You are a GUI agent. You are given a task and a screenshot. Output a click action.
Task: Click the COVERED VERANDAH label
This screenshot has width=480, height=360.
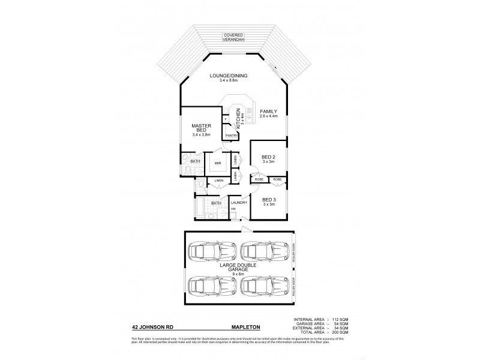click(x=233, y=37)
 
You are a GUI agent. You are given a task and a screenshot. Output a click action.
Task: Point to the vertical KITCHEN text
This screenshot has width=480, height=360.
click(x=238, y=119)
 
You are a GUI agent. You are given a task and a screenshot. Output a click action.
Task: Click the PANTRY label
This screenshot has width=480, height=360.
click(x=232, y=136)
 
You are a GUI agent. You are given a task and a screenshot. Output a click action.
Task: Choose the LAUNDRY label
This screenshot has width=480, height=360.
click(x=239, y=202)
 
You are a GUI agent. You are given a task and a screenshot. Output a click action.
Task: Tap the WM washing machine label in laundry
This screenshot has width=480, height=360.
click(x=232, y=209)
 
